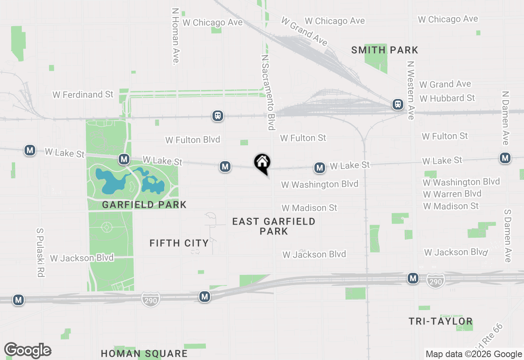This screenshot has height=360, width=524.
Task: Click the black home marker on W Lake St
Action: [x=262, y=163]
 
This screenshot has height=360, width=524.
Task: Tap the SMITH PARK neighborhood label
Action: [x=385, y=50]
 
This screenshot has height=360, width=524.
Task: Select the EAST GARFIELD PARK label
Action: [x=273, y=226]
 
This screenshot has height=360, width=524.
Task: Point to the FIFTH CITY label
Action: [x=179, y=243]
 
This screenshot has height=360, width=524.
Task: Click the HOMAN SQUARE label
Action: [x=144, y=353]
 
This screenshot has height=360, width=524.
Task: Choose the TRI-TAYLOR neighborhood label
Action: [x=440, y=322]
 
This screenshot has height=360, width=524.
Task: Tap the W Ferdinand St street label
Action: [x=83, y=94]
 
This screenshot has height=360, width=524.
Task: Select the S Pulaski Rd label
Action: [x=40, y=252]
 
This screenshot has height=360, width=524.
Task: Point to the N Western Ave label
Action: [x=411, y=90]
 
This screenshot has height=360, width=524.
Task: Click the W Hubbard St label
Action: [x=447, y=98]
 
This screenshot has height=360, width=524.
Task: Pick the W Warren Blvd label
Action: [x=452, y=193]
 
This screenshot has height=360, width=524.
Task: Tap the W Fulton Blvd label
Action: [x=192, y=140]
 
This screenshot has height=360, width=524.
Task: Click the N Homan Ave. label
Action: [x=175, y=36]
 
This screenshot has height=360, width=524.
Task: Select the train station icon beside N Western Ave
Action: [x=398, y=104]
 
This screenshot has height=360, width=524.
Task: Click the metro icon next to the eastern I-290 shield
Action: [x=413, y=279]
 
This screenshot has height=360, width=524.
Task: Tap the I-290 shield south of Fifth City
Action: [x=150, y=300]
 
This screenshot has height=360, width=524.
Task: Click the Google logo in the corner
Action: [x=27, y=350]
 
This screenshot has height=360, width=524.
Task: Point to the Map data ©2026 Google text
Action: [x=474, y=354]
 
